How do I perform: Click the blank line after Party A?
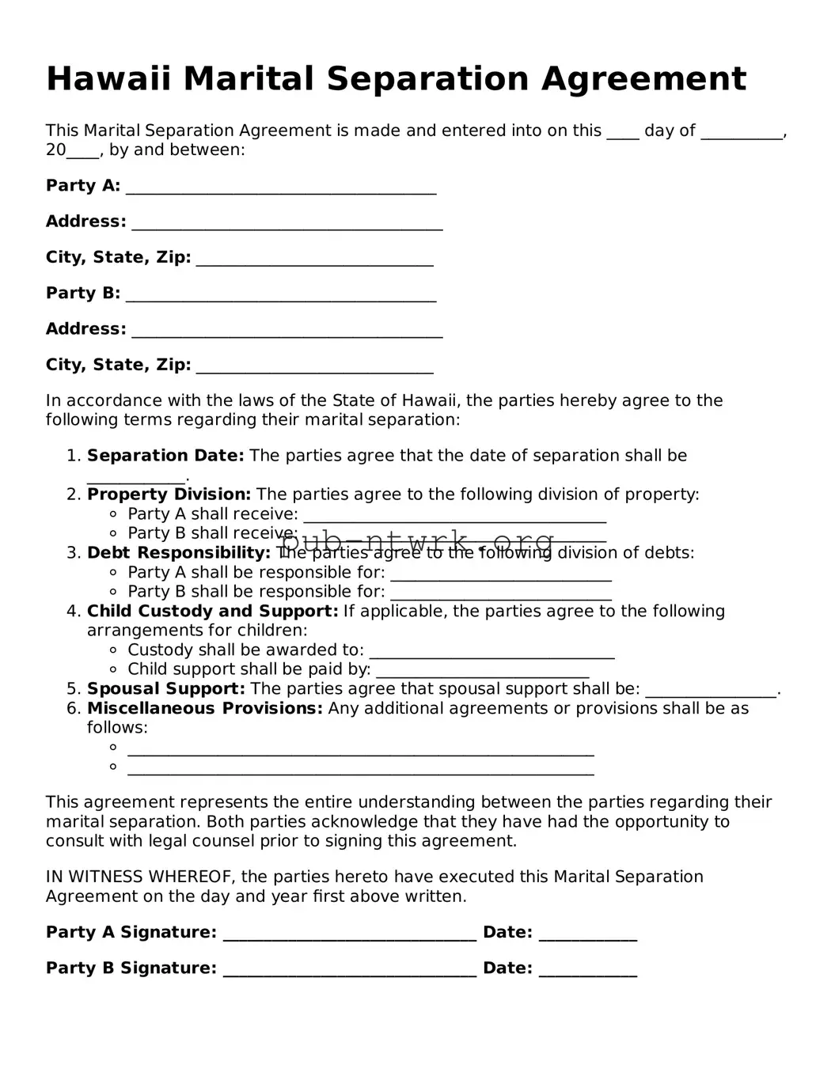click(x=281, y=188)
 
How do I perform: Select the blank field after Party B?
click(x=281, y=296)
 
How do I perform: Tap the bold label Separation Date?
click(x=165, y=456)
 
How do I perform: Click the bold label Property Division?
click(x=169, y=495)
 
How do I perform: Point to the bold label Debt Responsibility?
click(x=179, y=553)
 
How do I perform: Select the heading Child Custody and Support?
click(x=212, y=612)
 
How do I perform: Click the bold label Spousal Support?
click(x=165, y=689)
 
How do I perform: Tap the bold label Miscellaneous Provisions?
click(x=204, y=708)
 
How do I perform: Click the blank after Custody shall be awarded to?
click(x=492, y=653)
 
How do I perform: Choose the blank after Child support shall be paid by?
click(x=482, y=673)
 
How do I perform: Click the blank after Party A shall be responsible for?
click(x=501, y=575)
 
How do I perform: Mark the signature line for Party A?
click(x=350, y=935)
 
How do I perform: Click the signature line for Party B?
click(x=350, y=971)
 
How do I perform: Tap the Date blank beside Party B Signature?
click(x=587, y=971)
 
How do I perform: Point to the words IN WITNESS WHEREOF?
click(x=139, y=877)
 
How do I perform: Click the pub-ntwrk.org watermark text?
click(x=418, y=543)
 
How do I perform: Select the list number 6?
click(x=73, y=708)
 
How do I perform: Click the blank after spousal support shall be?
click(x=711, y=692)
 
